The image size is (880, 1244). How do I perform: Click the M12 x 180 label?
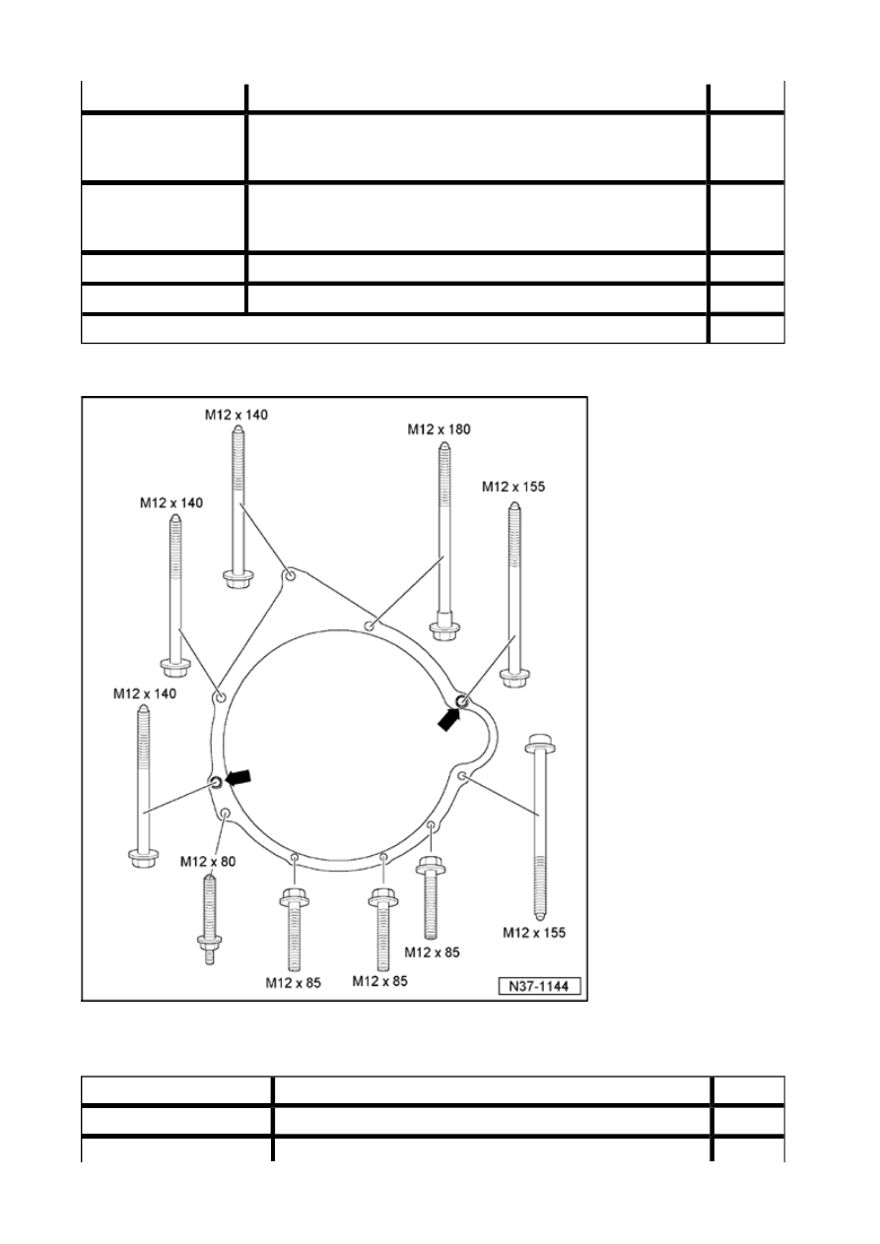439,429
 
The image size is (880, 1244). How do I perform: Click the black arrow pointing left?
238,777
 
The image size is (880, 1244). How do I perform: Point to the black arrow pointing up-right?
449,720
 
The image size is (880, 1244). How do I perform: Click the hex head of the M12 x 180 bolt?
443,631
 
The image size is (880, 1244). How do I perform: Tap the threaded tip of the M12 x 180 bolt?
443,446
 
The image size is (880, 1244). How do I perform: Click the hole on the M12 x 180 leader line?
369,626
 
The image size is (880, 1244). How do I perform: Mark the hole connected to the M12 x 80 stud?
225,814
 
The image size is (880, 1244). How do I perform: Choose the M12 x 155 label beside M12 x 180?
513,487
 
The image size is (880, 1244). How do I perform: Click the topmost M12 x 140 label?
237,415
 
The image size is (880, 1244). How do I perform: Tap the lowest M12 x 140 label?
145,693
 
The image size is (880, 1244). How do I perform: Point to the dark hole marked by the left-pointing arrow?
216,782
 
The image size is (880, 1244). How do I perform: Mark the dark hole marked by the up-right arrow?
461,701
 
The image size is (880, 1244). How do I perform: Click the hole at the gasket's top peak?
290,575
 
